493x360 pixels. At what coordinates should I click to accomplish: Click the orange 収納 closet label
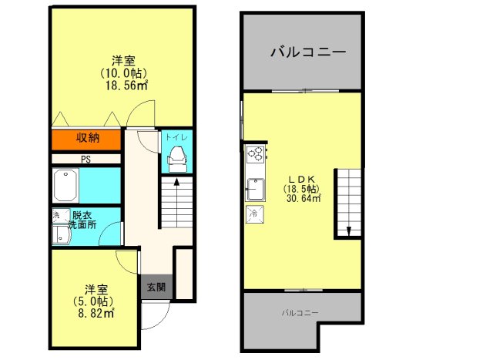(x=86, y=139)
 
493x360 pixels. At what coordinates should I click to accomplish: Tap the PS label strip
(x=86, y=160)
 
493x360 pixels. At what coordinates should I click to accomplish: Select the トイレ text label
(x=175, y=139)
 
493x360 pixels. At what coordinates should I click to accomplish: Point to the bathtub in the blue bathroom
(x=64, y=185)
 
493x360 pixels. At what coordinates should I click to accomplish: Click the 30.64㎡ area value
(x=303, y=198)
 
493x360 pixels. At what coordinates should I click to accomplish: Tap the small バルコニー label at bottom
(x=300, y=312)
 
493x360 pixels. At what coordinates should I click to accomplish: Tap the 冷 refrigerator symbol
(x=253, y=213)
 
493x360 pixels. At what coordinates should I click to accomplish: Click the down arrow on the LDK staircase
(x=348, y=229)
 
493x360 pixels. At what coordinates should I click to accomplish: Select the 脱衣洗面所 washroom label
(x=81, y=220)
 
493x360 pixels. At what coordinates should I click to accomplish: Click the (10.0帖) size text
(x=123, y=73)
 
